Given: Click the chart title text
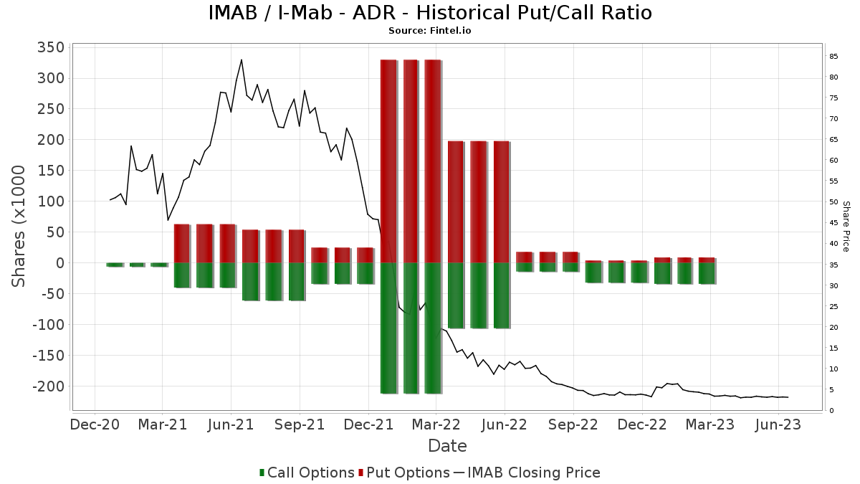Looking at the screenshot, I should tap(430, 13).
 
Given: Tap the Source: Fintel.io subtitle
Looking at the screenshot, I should tap(430, 31).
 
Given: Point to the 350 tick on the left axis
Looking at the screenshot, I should tap(50, 47).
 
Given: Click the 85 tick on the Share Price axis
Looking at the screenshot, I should tap(833, 57).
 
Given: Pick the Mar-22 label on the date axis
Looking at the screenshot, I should tap(436, 424).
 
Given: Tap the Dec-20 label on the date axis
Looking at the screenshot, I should tap(95, 424).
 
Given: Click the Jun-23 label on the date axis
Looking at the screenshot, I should tap(778, 424).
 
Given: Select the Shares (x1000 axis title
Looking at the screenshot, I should tap(19, 226).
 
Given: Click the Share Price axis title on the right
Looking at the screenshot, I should tap(846, 226).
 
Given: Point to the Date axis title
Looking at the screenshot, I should tap(447, 446).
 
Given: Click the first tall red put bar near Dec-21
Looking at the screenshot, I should tap(388, 161).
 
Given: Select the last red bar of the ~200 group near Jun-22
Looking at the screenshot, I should tap(501, 202).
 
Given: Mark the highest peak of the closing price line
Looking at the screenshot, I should tap(242, 60).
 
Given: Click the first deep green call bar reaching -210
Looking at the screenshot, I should tap(388, 328).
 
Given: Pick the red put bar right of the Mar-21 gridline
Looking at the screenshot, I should tap(182, 244).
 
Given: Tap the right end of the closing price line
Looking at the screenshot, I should tap(788, 397).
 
